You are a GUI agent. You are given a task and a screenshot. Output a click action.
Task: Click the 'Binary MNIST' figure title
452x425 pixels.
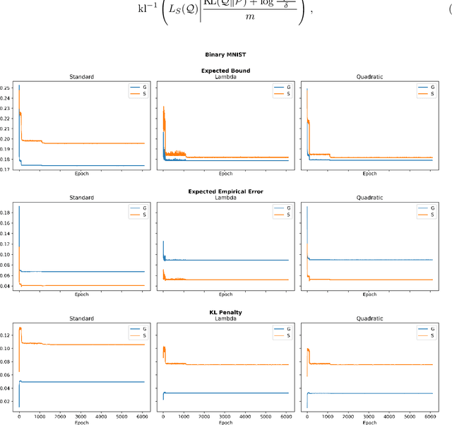tap(225, 54)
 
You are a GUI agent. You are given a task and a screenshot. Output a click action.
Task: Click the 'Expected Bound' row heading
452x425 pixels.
tap(225, 71)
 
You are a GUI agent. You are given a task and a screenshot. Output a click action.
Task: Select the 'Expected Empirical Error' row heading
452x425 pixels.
tap(225, 191)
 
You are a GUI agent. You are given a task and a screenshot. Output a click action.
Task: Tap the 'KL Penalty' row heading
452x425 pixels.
tap(225, 311)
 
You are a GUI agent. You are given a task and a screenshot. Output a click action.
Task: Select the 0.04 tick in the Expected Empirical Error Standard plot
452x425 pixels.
tap(6, 286)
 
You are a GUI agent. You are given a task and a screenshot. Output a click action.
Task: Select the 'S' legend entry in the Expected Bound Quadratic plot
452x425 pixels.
tap(430, 94)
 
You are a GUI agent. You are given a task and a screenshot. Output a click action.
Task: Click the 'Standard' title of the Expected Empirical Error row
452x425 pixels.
tap(81, 198)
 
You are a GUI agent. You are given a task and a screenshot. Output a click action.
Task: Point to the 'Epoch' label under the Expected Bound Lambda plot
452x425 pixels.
tap(225, 174)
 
